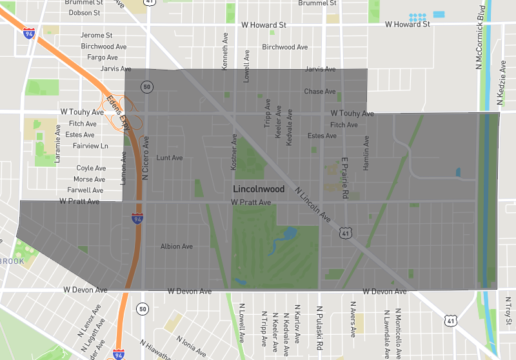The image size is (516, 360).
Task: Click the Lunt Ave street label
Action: (170, 157)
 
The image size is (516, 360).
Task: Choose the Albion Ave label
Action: (177, 246)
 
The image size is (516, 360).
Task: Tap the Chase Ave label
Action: (320, 92)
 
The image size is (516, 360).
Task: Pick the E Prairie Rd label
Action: (346, 177)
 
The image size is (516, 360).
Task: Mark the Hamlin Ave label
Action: (366, 153)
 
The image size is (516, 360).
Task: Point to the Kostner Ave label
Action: (234, 152)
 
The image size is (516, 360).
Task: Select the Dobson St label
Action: (84, 12)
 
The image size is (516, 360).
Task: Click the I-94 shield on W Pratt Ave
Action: (137, 219)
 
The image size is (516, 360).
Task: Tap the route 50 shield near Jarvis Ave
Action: (148, 87)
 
